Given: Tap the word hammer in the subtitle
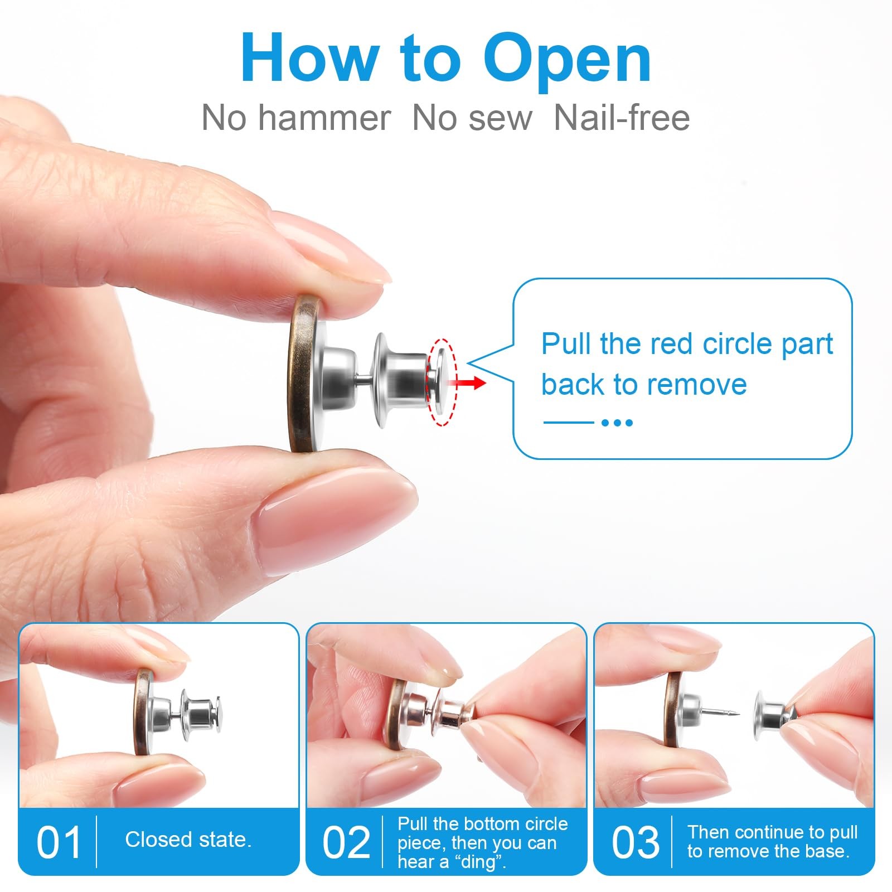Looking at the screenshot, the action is point(324,118).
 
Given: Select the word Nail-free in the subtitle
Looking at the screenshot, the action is point(622,118).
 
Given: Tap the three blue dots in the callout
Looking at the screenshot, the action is point(617,423).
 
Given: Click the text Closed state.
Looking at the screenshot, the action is point(188,840).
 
